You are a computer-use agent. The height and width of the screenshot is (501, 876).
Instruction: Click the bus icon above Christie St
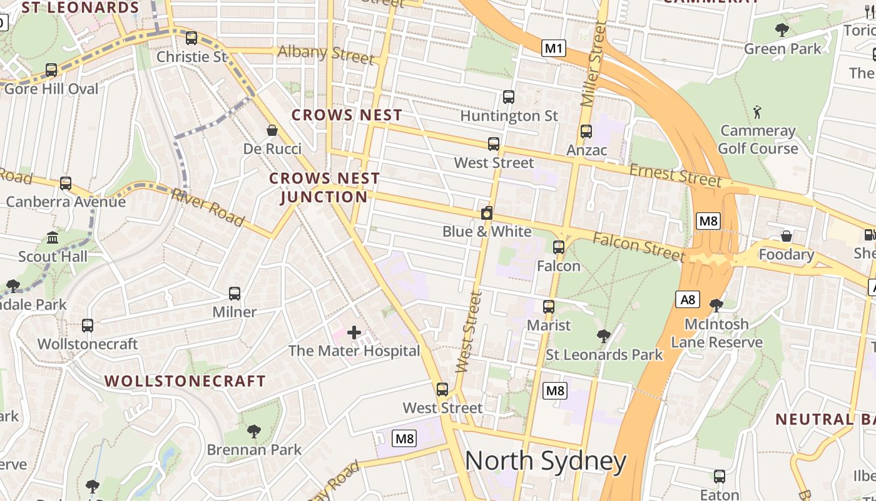[x=191, y=38]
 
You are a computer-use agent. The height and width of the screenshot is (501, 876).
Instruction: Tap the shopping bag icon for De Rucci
[x=272, y=130]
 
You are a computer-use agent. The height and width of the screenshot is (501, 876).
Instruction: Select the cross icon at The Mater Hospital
[x=354, y=333]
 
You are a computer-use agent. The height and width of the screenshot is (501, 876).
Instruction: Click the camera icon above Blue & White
[x=487, y=213]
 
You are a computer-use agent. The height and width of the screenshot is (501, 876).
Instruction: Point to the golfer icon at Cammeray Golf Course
[x=758, y=113]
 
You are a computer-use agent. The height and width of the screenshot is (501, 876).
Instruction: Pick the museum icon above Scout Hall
[x=53, y=238]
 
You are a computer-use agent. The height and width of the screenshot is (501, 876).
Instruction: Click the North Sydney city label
[x=545, y=462]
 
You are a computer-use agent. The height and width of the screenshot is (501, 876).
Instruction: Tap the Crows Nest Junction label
[x=324, y=187]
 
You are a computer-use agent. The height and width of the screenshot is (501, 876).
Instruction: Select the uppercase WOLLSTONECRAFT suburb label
[x=185, y=381]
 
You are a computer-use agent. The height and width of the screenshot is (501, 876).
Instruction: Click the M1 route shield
[x=554, y=48]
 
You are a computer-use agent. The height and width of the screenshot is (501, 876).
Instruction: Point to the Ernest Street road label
[x=675, y=175]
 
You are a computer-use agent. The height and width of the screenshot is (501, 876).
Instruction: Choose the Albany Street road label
[x=326, y=54]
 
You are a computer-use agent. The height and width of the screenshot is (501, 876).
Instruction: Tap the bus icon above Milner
[x=235, y=293]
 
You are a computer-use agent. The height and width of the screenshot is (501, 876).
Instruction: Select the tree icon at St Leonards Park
[x=604, y=336]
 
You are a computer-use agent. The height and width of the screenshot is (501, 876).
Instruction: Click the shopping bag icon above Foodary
[x=787, y=236]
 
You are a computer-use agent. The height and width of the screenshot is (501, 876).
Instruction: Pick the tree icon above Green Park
[x=782, y=29]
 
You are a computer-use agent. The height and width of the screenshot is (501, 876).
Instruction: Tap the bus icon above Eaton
[x=720, y=476]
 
